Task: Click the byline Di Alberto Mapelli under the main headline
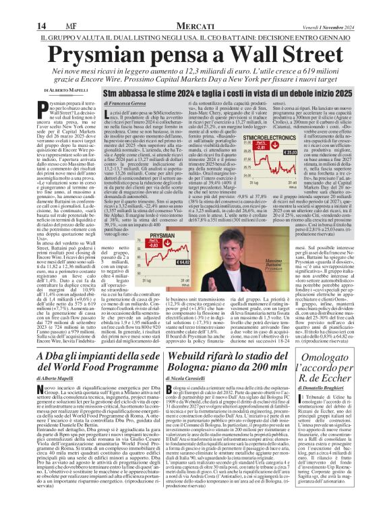66,90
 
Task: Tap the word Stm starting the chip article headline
111,90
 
